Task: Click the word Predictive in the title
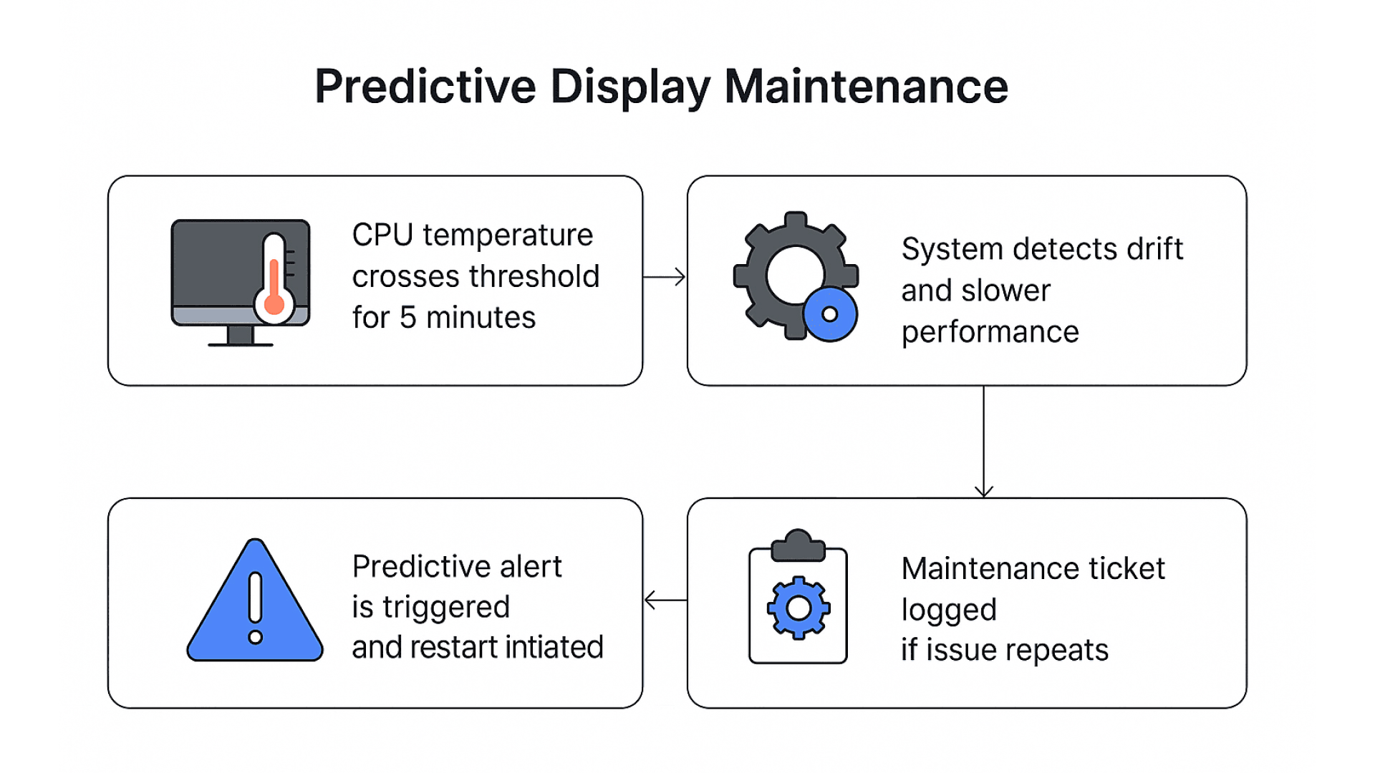tap(425, 87)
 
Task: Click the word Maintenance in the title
tap(866, 87)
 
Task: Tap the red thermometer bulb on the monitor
tap(274, 303)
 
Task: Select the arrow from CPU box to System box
tap(664, 277)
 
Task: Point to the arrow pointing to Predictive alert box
tap(665, 600)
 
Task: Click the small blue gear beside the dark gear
tap(830, 314)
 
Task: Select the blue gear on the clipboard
tap(799, 608)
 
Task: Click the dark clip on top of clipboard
tap(798, 546)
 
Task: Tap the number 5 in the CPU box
tap(407, 318)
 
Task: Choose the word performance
tap(990, 333)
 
